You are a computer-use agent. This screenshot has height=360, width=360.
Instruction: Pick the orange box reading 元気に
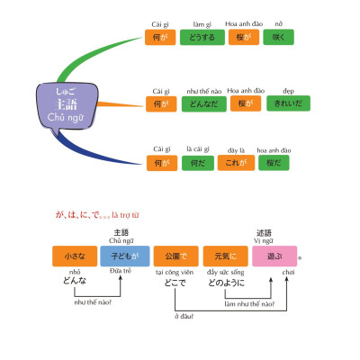tap(220, 256)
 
